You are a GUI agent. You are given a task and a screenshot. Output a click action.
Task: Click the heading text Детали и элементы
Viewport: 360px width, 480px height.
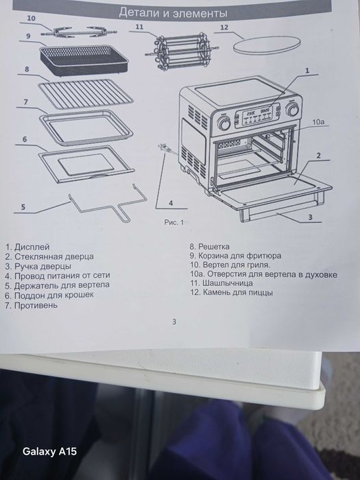coord(174,12)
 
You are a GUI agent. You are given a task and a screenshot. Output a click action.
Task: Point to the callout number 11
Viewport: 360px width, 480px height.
coord(139,27)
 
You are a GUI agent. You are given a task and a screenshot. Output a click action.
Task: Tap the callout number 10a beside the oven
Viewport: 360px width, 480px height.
coord(318,121)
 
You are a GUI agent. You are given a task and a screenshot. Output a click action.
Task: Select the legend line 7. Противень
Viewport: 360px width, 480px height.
coord(31,305)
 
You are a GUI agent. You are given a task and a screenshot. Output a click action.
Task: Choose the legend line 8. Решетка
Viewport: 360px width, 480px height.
coord(210,245)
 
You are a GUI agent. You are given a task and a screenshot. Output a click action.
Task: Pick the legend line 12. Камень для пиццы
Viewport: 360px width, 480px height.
coord(232,292)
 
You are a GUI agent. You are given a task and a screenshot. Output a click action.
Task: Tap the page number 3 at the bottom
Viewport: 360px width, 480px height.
coord(174,321)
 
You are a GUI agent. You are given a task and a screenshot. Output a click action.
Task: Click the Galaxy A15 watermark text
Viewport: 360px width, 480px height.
coord(50,452)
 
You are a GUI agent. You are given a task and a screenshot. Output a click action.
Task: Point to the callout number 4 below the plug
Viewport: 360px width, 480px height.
coord(169,202)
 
